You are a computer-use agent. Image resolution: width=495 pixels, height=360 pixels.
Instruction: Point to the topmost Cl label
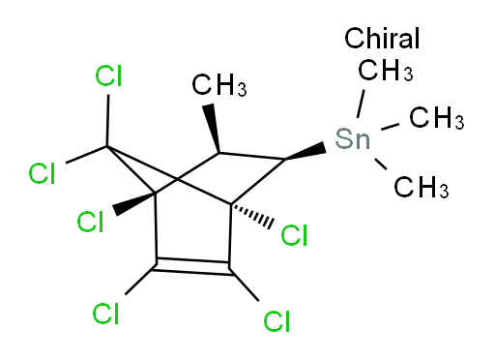pyautogui.click(x=107, y=76)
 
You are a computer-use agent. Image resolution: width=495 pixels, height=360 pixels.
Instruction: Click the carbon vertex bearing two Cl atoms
pyautogui.click(x=108, y=147)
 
